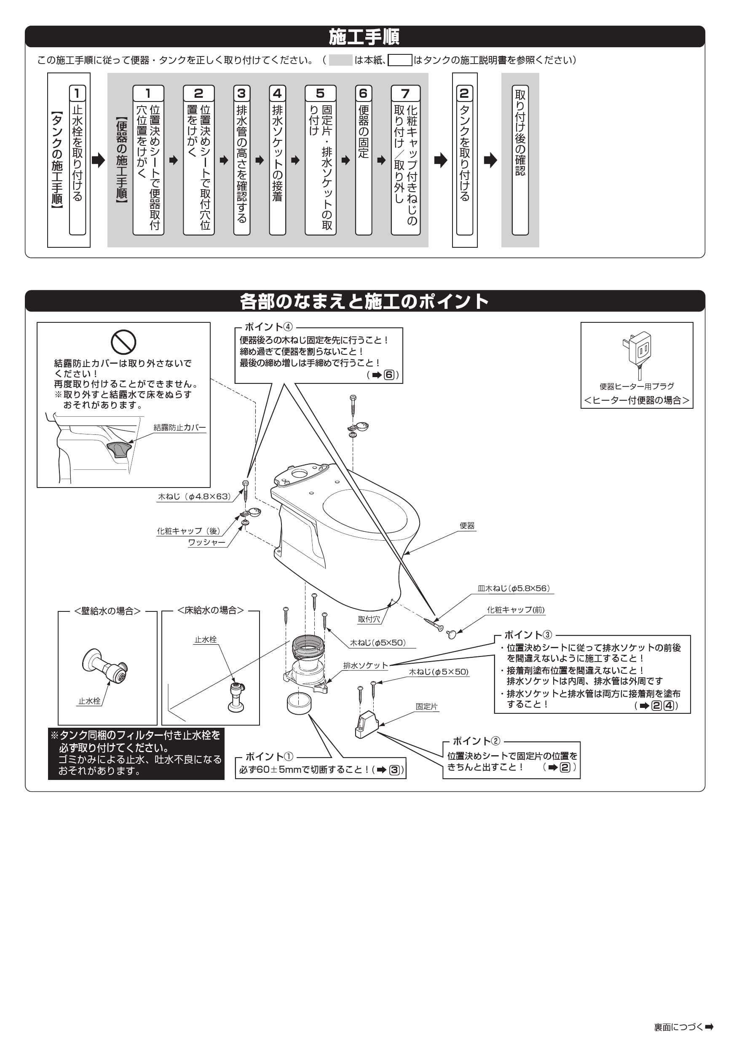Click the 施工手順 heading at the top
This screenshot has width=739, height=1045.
pos(364,37)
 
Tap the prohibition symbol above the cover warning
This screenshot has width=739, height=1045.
pos(123,342)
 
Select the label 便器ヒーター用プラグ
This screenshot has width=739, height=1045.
pos(636,386)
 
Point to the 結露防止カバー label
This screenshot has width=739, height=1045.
pos(179,427)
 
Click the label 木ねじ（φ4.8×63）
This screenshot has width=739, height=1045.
pos(194,496)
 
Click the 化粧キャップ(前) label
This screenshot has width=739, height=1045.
pos(515,610)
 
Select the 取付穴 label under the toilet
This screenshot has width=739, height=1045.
pos(369,619)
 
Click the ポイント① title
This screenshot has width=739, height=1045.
pos(269,757)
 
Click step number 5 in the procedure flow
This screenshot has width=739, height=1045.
pos(320,93)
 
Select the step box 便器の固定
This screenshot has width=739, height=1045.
pos(363,159)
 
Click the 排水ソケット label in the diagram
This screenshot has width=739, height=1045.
pos(365,665)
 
